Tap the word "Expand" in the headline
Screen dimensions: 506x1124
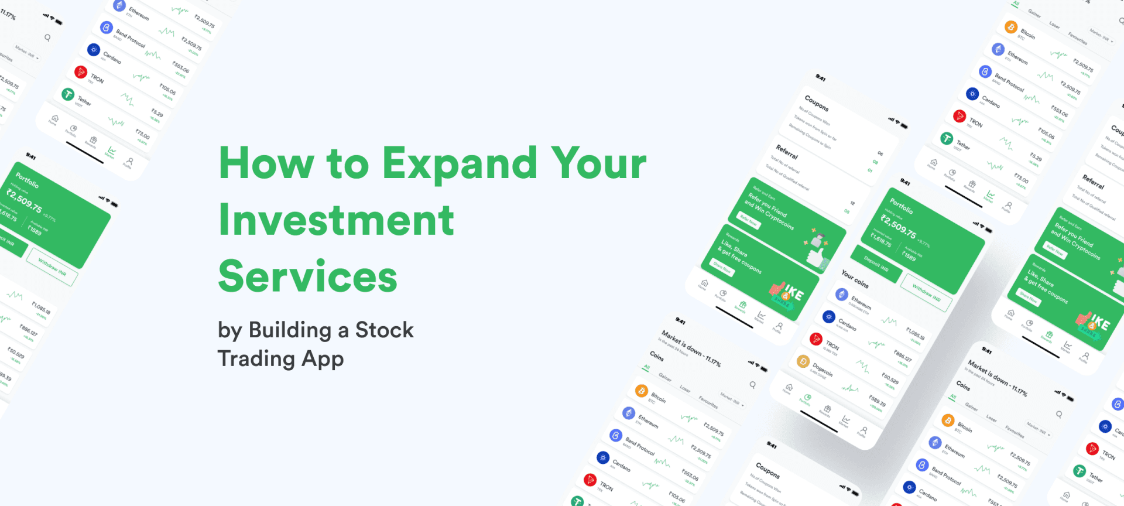click(460, 163)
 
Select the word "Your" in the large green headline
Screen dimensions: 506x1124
click(598, 163)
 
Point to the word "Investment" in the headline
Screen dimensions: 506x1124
click(336, 220)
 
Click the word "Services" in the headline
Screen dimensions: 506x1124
click(307, 276)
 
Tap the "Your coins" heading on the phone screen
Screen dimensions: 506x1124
click(855, 279)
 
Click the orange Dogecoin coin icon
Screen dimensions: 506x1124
click(803, 361)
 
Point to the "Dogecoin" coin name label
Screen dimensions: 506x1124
click(823, 369)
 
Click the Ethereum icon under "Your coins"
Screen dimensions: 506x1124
click(842, 294)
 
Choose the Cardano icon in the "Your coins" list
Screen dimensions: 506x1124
click(829, 317)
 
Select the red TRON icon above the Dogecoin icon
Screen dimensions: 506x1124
click(816, 339)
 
